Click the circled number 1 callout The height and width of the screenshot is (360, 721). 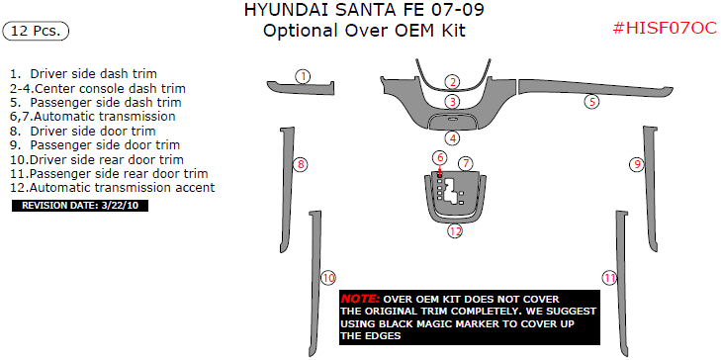click(304, 76)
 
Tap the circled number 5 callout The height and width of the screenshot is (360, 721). click(591, 101)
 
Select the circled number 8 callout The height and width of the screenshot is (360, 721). click(301, 164)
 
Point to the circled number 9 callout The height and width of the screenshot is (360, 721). click(638, 163)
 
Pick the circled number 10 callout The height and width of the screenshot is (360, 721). click(328, 279)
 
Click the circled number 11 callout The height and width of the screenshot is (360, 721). click(609, 278)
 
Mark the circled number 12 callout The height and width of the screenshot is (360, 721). click(454, 231)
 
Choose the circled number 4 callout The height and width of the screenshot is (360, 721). click(452, 138)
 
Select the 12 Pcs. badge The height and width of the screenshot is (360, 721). click(36, 32)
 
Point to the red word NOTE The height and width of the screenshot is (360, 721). click(359, 299)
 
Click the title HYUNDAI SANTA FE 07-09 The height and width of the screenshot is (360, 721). click(364, 11)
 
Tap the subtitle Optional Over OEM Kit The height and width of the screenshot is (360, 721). click(364, 31)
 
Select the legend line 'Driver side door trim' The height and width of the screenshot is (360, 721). click(83, 131)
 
